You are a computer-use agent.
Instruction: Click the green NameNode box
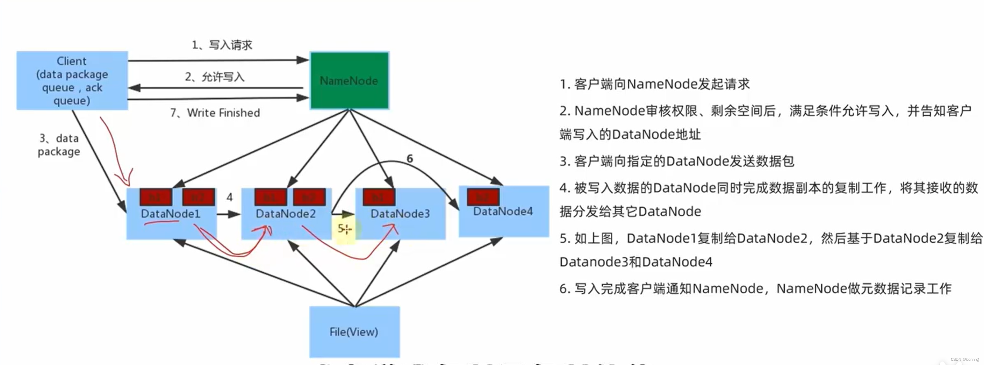[349, 81]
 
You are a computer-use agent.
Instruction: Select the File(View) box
[354, 332]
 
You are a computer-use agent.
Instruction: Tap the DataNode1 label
[171, 214]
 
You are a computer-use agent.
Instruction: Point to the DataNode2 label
[286, 214]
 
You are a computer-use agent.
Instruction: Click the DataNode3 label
[400, 214]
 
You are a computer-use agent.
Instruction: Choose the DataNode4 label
[503, 212]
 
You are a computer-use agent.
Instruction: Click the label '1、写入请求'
[222, 45]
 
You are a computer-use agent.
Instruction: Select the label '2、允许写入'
[215, 77]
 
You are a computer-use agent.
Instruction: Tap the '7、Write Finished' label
[215, 113]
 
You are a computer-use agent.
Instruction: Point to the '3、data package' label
[59, 145]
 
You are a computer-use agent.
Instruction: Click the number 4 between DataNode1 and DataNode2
[229, 197]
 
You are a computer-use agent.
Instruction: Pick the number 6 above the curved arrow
[409, 158]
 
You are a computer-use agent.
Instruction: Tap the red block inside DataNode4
[483, 197]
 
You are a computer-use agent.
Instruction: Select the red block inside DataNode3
[379, 197]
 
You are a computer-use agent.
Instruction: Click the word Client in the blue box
[71, 61]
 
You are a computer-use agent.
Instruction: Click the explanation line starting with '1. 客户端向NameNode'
[654, 84]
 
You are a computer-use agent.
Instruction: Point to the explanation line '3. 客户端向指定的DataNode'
[676, 161]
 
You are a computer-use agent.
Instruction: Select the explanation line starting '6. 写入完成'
[755, 288]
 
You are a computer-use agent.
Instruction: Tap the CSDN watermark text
[964, 360]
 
